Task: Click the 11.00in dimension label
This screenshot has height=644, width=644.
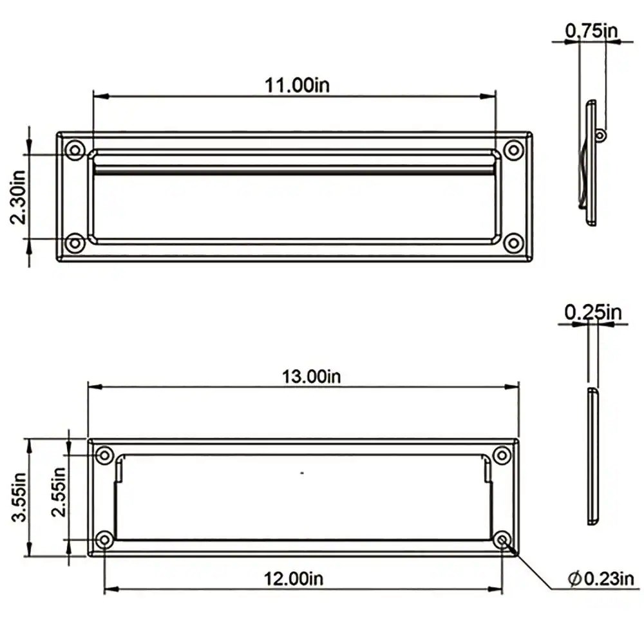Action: (x=297, y=86)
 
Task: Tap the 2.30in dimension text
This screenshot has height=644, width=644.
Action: (x=18, y=197)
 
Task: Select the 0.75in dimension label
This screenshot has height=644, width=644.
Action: (x=591, y=30)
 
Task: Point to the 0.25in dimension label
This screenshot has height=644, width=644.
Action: (x=593, y=312)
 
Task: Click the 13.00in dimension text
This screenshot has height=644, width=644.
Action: (x=311, y=376)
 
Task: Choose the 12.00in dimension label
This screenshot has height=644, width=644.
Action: (x=293, y=578)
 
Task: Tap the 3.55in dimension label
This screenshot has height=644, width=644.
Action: (x=19, y=497)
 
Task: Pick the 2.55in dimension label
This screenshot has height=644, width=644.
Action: (x=59, y=491)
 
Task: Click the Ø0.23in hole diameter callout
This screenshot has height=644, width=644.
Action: (x=601, y=578)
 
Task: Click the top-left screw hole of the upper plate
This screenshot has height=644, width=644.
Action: (x=75, y=149)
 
